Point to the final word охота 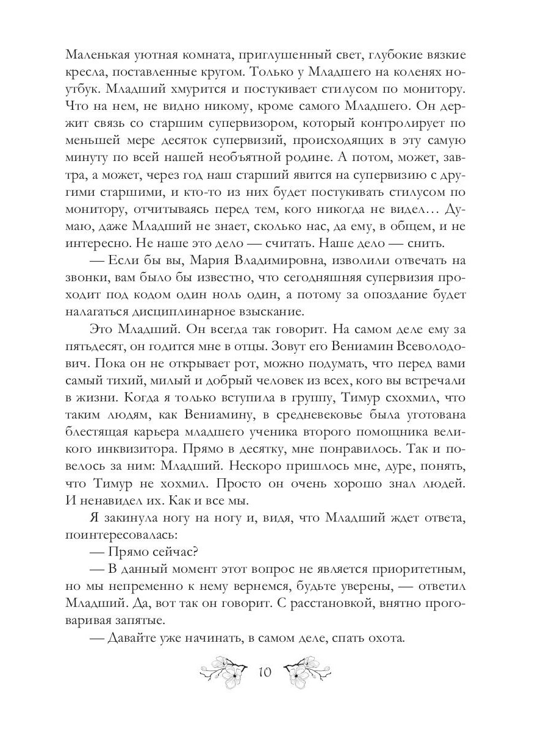(381, 639)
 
